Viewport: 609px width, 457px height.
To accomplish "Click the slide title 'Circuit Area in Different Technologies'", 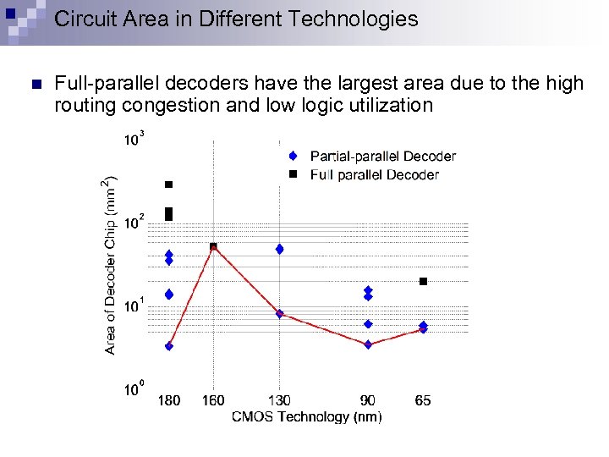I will click(236, 19).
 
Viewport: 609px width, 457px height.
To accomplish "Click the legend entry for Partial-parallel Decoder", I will click(382, 157).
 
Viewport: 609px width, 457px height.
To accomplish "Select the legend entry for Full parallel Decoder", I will click(374, 175).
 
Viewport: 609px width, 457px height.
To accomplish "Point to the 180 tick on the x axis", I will click(169, 400).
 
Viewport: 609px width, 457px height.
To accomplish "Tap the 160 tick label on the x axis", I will click(213, 400).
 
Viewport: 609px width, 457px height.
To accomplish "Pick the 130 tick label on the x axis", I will click(279, 400).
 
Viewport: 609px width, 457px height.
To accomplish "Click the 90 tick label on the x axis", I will click(368, 400).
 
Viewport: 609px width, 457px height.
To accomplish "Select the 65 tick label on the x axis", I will click(423, 400).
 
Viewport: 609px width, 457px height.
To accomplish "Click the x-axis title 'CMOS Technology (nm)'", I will click(306, 416).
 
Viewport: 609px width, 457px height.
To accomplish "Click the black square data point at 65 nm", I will click(423, 281).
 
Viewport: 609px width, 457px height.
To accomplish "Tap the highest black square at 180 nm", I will click(169, 184).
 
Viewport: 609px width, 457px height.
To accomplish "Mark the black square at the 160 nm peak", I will click(213, 246).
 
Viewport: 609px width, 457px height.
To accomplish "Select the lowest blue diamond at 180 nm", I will click(169, 346).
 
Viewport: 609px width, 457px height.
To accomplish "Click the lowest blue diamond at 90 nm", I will click(368, 344).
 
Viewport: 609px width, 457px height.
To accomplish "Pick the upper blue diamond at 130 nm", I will click(279, 249).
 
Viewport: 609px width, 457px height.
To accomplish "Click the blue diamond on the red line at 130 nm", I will click(279, 314).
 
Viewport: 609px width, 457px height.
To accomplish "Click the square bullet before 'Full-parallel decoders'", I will click(35, 84).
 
